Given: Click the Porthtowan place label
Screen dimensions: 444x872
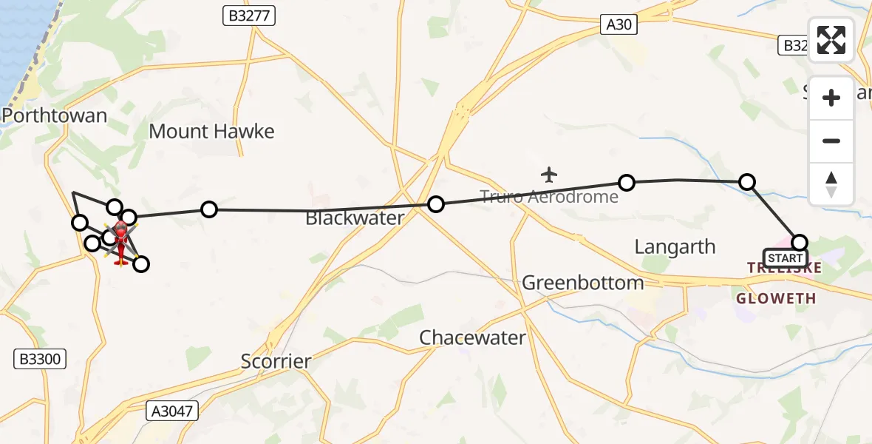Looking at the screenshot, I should [55, 115].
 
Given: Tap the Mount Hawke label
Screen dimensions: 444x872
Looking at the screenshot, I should [211, 132].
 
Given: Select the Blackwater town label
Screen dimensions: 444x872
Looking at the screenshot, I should [355, 218].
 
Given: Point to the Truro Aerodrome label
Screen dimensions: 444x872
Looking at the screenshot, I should [549, 197].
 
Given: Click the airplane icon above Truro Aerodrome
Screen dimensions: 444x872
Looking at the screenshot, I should [548, 175].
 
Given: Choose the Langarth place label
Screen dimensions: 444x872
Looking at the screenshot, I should [675, 246].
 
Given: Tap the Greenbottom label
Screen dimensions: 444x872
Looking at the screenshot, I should [582, 283].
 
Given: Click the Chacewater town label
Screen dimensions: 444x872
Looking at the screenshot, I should [472, 337].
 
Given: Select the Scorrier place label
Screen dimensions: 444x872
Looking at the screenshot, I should [276, 361].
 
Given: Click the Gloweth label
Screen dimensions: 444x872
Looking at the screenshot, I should [776, 298].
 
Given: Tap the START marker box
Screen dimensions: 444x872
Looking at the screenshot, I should [785, 258].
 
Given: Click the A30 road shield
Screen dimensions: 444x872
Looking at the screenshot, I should [619, 25].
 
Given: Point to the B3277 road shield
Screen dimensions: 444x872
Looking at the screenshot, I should [249, 16].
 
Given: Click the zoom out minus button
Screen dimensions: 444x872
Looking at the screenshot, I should [831, 141].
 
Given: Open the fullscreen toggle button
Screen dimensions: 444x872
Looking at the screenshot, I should [831, 40].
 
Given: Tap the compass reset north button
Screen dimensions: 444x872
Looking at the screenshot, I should [831, 184].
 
